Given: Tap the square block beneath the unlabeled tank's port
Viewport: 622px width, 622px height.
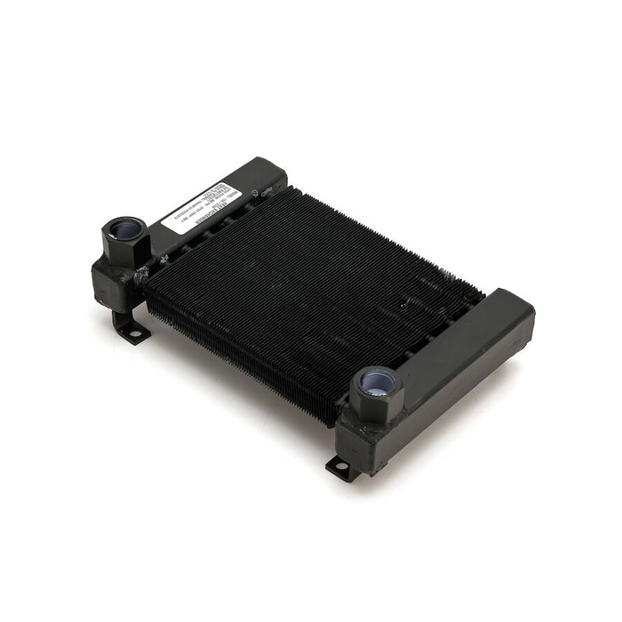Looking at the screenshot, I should tap(360, 435).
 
